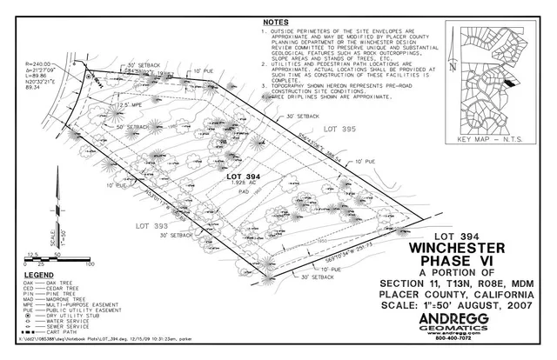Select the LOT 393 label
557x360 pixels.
(x=151, y=225)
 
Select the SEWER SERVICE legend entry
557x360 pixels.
(x=66, y=326)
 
